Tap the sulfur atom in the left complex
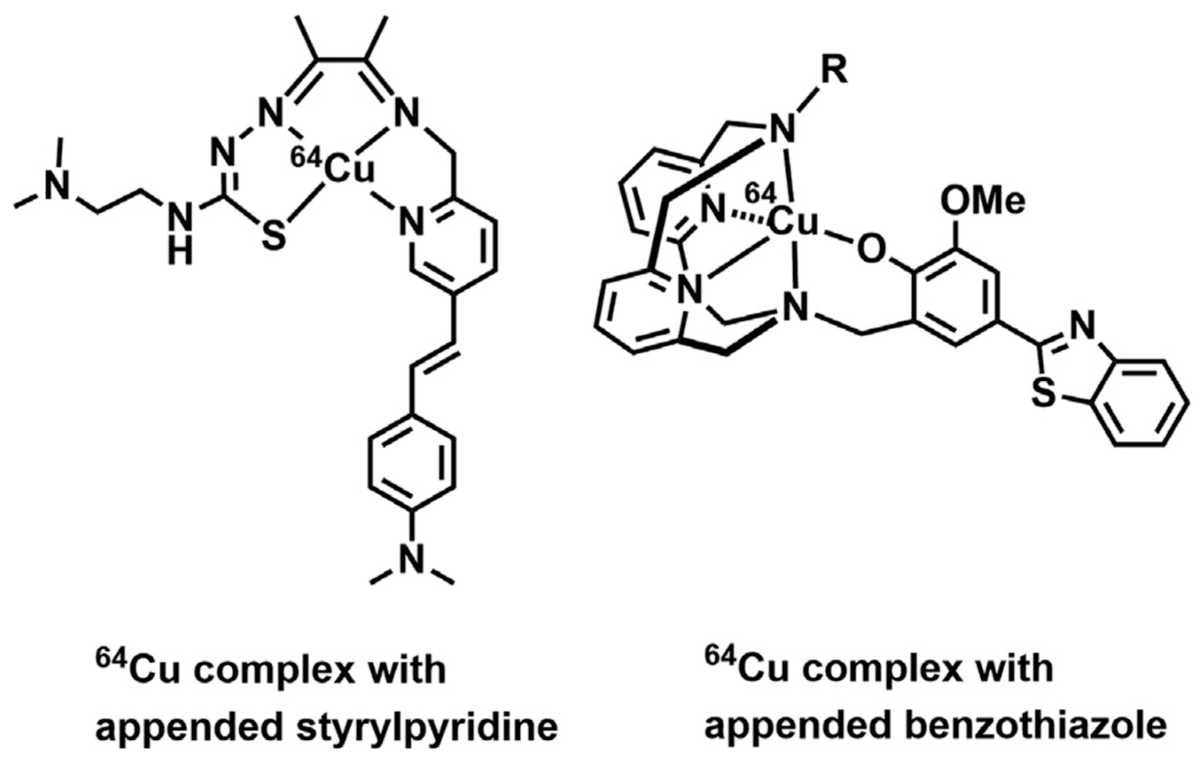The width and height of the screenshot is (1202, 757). [x=274, y=236]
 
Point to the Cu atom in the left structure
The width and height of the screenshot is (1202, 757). [x=349, y=171]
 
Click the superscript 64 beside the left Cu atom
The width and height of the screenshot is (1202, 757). [x=305, y=158]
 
